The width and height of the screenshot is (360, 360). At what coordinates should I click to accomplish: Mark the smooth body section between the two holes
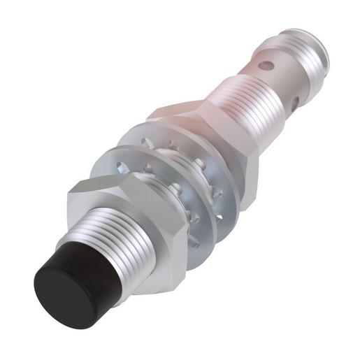click(283, 80)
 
